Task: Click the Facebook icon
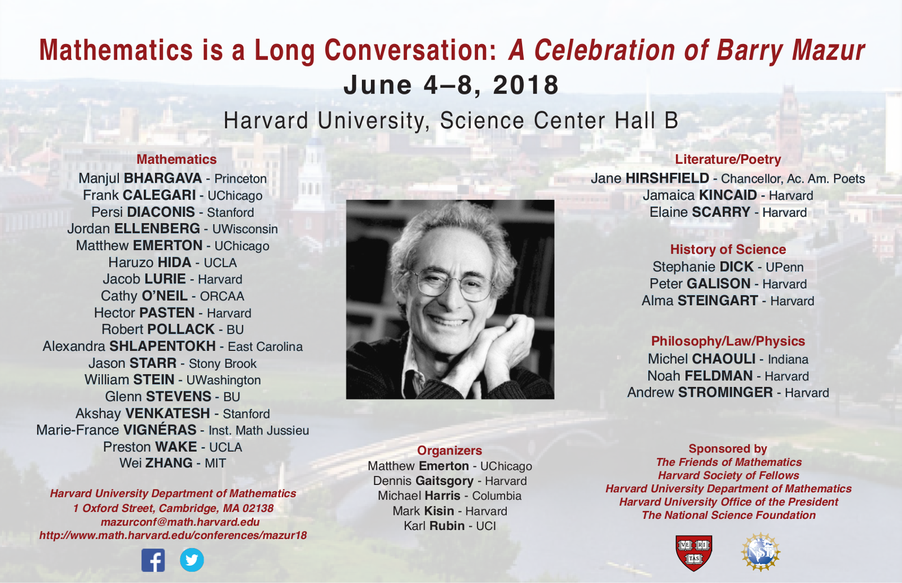click(x=153, y=560)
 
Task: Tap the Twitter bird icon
click(x=192, y=560)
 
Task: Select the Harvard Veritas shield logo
click(x=694, y=553)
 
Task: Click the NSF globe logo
click(x=760, y=552)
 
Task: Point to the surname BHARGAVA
click(x=163, y=178)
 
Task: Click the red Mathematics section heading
click(x=176, y=159)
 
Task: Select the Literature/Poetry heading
click(x=728, y=159)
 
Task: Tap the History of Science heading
click(x=728, y=250)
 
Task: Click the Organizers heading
click(x=449, y=451)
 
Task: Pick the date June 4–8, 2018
click(x=451, y=85)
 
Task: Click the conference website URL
click(x=173, y=536)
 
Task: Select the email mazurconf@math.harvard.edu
click(x=180, y=522)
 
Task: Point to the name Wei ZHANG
click(x=156, y=463)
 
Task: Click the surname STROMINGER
click(x=726, y=392)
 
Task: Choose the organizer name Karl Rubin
click(x=434, y=526)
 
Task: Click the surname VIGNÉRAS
click(x=160, y=430)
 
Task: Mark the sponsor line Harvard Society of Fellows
click(x=728, y=475)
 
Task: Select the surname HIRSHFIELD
click(x=667, y=178)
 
